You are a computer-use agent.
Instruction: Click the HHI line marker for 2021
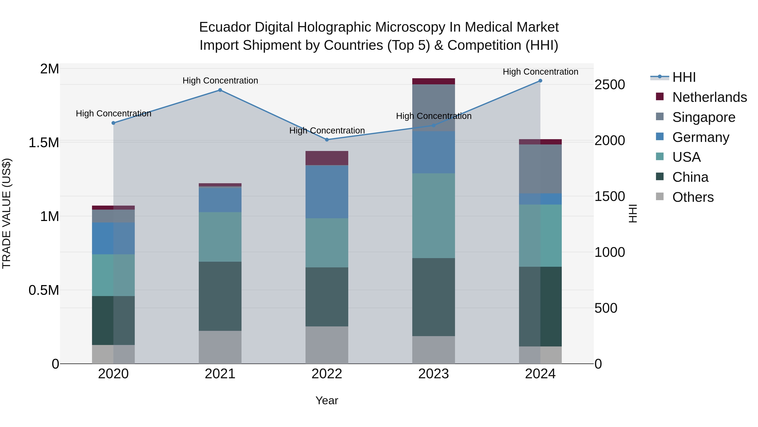[x=220, y=90]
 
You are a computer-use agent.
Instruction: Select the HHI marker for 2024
[x=540, y=81]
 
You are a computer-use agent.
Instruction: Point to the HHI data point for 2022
[x=327, y=140]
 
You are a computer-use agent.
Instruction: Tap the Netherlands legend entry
[x=709, y=97]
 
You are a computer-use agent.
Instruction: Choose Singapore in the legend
[x=703, y=117]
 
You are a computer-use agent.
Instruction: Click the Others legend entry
[x=693, y=197]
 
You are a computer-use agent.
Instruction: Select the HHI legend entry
[x=684, y=77]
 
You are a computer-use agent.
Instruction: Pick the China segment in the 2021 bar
[x=220, y=296]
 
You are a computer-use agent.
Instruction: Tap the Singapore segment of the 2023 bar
[x=434, y=108]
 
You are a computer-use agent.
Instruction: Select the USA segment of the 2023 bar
[x=434, y=216]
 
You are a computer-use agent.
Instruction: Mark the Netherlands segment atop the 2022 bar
[x=327, y=158]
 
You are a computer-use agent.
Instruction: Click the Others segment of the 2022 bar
[x=327, y=345]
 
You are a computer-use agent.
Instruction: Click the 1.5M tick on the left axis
[x=44, y=143]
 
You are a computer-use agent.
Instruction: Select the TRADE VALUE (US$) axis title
[x=7, y=213]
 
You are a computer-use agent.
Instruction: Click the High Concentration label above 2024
[x=540, y=72]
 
